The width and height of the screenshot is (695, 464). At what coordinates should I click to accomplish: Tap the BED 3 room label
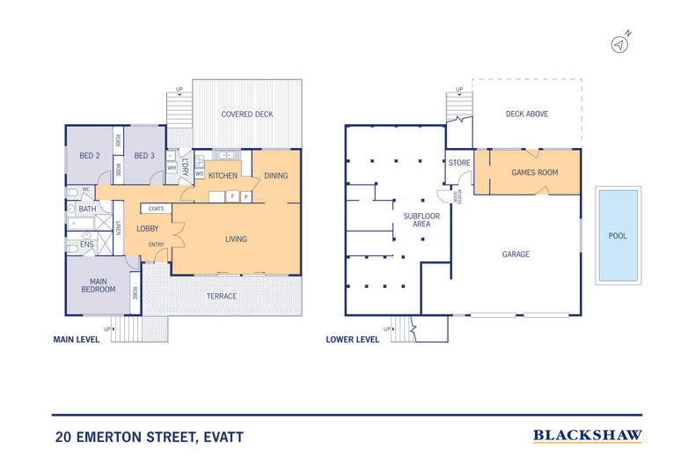click(x=144, y=156)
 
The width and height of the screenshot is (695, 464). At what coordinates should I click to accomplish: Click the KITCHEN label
click(x=223, y=176)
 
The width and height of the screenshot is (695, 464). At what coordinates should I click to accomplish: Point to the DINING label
click(x=276, y=176)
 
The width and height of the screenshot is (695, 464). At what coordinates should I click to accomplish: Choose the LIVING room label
click(x=236, y=239)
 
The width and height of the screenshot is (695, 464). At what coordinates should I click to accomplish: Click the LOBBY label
click(x=148, y=229)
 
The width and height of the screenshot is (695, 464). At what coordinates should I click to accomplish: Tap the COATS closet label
click(x=157, y=209)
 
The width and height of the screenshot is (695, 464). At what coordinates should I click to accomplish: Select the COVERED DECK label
click(x=247, y=114)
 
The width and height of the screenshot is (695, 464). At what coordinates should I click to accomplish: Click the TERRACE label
click(x=222, y=296)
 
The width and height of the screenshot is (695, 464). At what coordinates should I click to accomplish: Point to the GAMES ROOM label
click(x=535, y=173)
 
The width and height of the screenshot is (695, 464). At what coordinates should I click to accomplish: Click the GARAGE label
click(x=516, y=254)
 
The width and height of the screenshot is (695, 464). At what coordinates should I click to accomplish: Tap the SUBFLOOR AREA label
click(x=414, y=219)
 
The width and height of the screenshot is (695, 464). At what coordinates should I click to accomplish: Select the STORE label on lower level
click(x=459, y=163)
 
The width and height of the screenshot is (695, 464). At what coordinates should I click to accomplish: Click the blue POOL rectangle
click(x=617, y=235)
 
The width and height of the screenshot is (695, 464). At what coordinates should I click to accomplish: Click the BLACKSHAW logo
click(x=588, y=435)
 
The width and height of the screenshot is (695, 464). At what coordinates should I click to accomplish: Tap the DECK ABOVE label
click(x=526, y=114)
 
